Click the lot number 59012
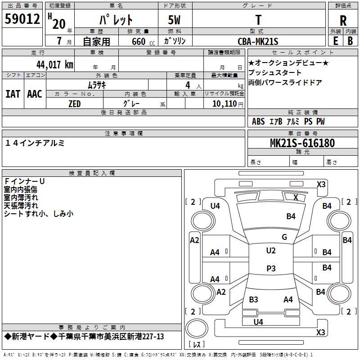(22, 18)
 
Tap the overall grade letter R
(343, 20)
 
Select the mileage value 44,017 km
(55, 65)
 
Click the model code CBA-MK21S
(258, 41)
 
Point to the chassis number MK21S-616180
(302, 143)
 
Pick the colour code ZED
(74, 104)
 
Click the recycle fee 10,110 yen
(228, 104)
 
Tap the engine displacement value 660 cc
(143, 41)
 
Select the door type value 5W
(174, 20)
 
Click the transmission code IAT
(13, 94)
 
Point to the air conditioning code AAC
(35, 94)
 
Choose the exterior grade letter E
(335, 41)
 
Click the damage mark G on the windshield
(284, 237)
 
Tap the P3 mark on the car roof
(271, 268)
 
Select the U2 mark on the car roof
(271, 251)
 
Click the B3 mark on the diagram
(253, 300)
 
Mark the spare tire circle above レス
(197, 328)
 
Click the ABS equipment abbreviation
(258, 121)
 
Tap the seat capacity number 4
(188, 85)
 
